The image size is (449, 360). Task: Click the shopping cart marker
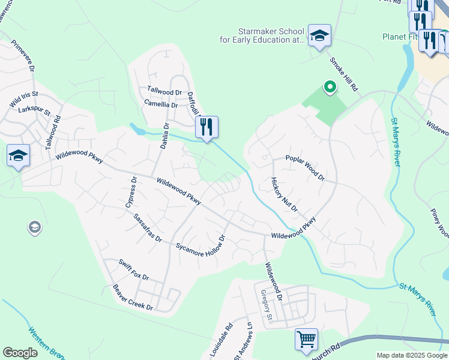pos(306,340)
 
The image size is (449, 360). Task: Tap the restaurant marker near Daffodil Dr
pos(206,127)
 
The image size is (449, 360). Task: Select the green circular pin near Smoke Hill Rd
pos(330,88)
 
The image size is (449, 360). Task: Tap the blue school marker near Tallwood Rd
pos(18,156)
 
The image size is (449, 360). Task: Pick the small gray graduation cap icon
pos(35,227)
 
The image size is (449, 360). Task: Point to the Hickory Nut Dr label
pos(284,194)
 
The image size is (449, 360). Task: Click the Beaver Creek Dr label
pos(133,298)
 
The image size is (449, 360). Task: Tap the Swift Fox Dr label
pos(133,271)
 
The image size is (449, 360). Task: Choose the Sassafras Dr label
pos(148,228)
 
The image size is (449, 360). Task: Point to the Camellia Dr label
pos(161,104)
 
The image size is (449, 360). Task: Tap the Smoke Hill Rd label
pos(343,73)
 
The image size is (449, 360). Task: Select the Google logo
pos(20,353)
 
